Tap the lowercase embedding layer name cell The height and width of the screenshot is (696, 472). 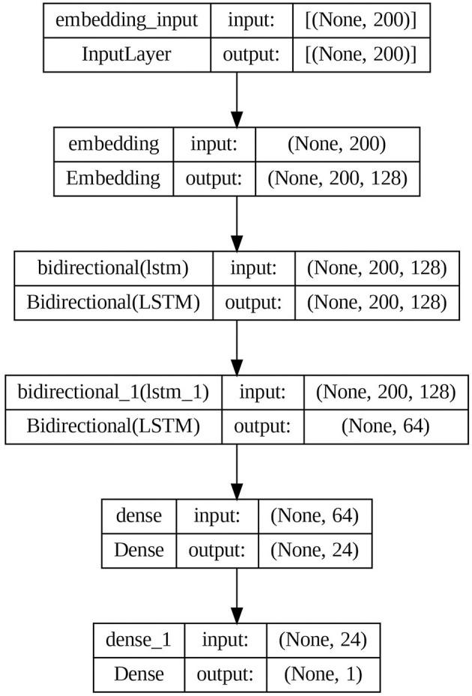pyautogui.click(x=114, y=143)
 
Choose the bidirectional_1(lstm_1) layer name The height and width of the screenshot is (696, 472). pyautogui.click(x=113, y=392)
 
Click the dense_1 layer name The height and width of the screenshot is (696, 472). pyautogui.click(x=139, y=641)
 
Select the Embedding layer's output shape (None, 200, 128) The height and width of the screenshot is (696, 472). pyautogui.click(x=336, y=178)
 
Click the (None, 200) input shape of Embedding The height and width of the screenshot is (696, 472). pyautogui.click(x=336, y=143)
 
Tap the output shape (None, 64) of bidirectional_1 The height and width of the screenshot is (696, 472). pyautogui.click(x=385, y=426)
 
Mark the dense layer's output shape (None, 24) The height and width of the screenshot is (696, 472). pyautogui.click(x=314, y=549)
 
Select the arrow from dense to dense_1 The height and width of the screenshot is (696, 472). pyautogui.click(x=237, y=595)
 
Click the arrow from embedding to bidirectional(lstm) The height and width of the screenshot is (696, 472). pyautogui.click(x=237, y=223)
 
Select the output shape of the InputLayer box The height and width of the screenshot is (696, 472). pyautogui.click(x=362, y=54)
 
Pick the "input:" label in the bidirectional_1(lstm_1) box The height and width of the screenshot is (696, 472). pyautogui.click(x=263, y=392)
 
